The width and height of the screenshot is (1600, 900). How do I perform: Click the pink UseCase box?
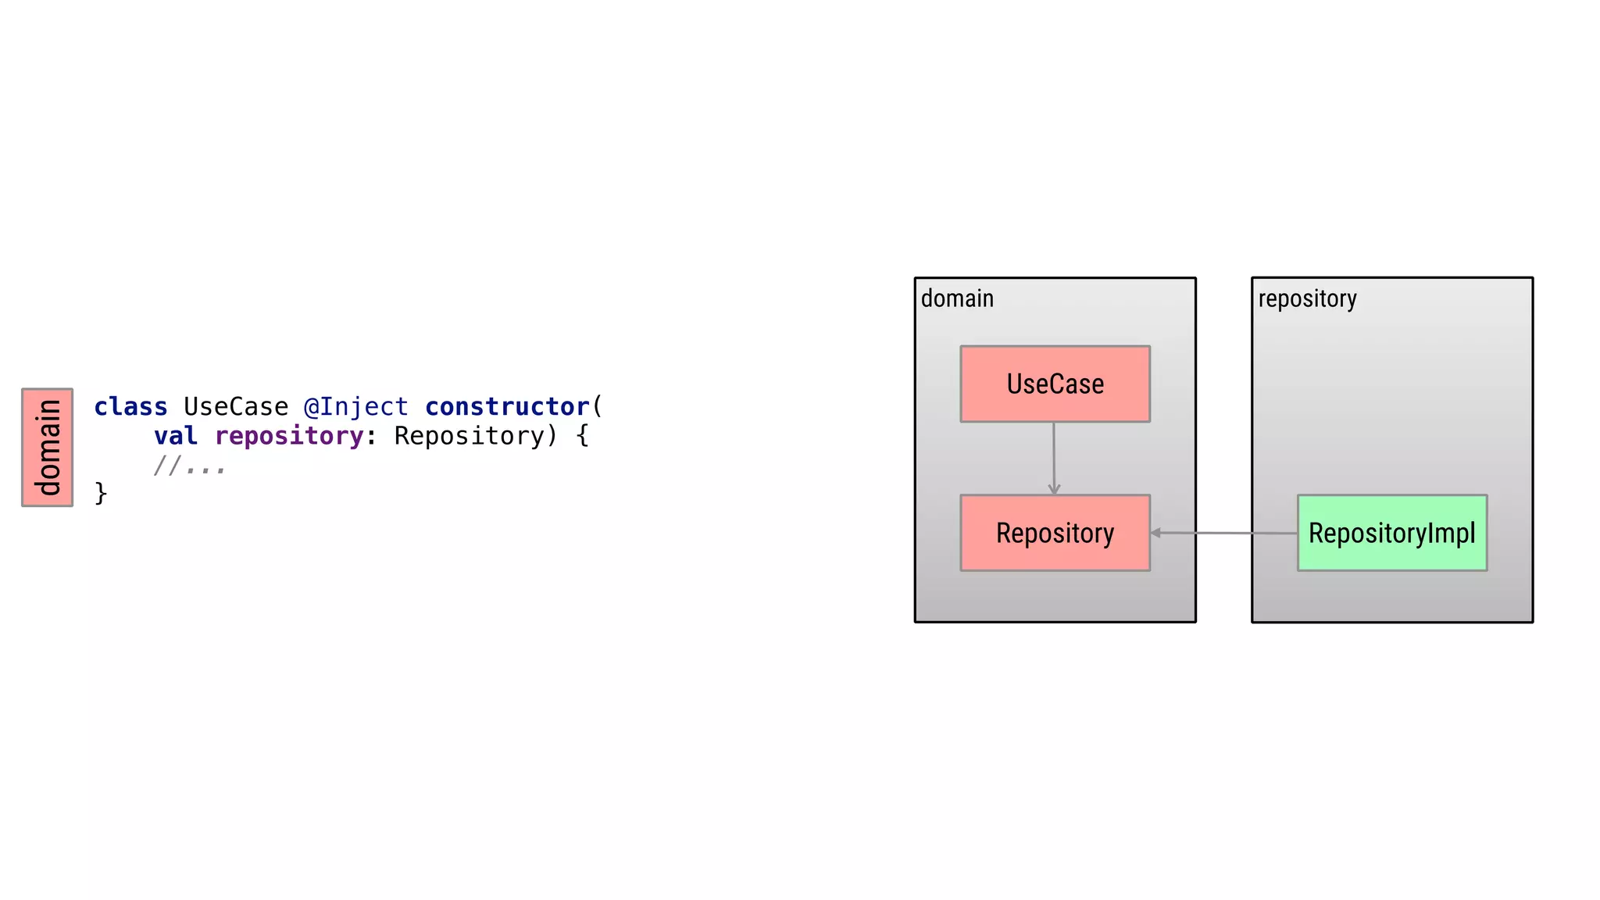[x=1055, y=384]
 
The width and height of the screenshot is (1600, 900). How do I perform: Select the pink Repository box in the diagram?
[x=1055, y=533]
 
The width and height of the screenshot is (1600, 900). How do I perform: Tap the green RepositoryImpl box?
[x=1391, y=533]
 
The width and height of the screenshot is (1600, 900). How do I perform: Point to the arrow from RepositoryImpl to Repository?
[x=1225, y=533]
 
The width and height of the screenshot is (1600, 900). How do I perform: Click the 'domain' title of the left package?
[x=957, y=298]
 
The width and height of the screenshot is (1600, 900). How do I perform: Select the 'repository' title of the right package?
[x=1307, y=298]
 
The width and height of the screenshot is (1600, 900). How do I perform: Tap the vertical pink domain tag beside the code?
[x=48, y=448]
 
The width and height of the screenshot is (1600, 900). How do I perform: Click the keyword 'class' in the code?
[x=130, y=407]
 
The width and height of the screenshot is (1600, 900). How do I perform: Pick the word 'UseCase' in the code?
[x=236, y=407]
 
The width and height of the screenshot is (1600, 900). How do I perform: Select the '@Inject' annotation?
[x=355, y=407]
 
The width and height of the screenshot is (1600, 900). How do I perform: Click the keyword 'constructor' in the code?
[x=507, y=407]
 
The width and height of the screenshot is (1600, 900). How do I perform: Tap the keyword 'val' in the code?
[x=175, y=436]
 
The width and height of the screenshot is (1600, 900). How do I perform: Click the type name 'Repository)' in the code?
[x=476, y=436]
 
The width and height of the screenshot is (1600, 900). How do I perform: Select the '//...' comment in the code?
[x=190, y=466]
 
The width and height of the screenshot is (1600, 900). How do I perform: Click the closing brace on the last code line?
[x=101, y=494]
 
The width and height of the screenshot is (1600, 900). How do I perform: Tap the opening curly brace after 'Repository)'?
[x=582, y=436]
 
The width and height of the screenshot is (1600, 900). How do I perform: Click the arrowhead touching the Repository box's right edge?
[x=1156, y=533]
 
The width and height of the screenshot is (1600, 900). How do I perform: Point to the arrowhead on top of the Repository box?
[x=1054, y=489]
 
